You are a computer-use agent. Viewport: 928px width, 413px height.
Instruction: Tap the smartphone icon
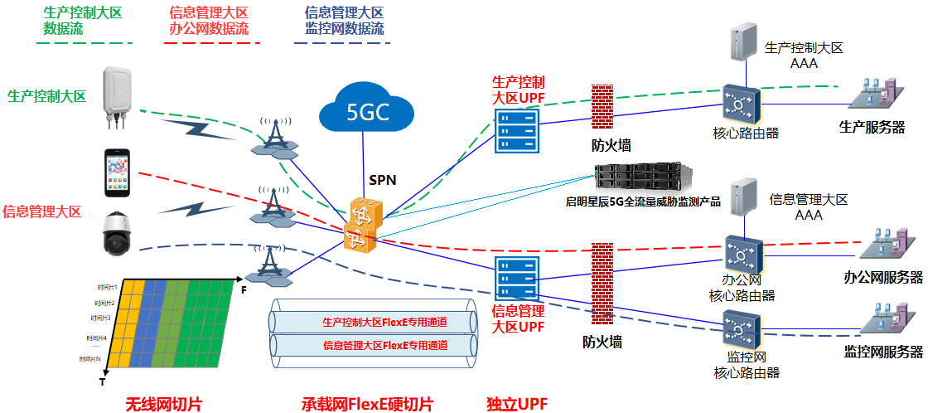(x=117, y=172)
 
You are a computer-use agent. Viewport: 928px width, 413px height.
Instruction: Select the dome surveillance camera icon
(x=117, y=233)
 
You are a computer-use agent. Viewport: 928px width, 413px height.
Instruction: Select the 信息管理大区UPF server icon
(x=516, y=278)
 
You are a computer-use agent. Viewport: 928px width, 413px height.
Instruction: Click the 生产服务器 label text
(x=872, y=127)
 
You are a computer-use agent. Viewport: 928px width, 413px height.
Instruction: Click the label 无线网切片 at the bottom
(x=164, y=404)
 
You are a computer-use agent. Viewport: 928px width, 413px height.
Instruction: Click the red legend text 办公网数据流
(x=206, y=28)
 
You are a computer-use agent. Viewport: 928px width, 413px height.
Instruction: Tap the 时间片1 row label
(x=105, y=286)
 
